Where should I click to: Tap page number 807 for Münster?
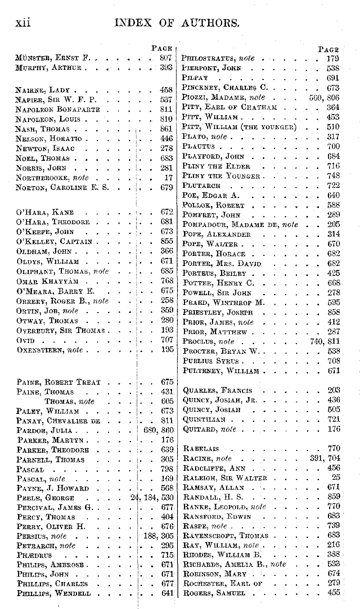click(166, 58)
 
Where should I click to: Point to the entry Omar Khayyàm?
click(48, 281)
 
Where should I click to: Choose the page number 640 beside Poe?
click(333, 195)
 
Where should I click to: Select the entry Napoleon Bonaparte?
click(58, 109)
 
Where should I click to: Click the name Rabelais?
click(201, 448)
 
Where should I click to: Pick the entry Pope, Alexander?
click(216, 234)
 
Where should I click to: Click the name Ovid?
click(25, 340)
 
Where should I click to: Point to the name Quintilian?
click(204, 419)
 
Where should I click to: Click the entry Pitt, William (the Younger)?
click(239, 127)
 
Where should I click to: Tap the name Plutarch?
click(201, 186)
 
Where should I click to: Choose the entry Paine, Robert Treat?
click(58, 382)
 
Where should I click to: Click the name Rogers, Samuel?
click(214, 593)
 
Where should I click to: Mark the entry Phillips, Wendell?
click(54, 593)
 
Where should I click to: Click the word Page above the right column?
click(328, 50)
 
